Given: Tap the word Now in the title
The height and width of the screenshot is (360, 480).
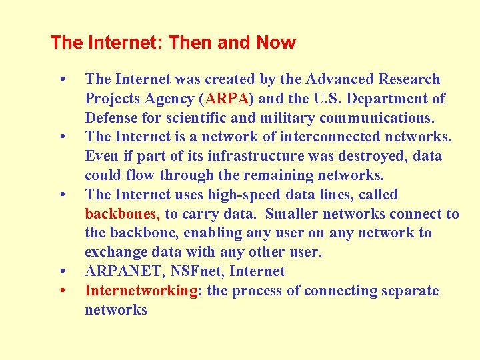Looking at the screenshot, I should pos(275,43).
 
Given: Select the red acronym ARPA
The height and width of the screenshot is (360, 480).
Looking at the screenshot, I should pos(227,99).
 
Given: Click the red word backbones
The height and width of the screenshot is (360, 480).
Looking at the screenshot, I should pos(122,214).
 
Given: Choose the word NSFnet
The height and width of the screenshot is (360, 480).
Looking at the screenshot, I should pos(191,271).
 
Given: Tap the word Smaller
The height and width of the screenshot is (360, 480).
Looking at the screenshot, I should pos(292,214).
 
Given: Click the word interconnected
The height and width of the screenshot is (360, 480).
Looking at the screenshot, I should pos(293,137).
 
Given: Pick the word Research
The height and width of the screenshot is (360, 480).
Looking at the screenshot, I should pos(409,79).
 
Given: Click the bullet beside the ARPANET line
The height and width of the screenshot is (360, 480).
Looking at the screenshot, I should pos(62,271).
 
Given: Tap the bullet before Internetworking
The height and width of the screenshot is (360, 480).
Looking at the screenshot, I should pos(62,291).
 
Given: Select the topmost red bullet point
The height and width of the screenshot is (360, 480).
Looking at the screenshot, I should pos(62,79).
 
